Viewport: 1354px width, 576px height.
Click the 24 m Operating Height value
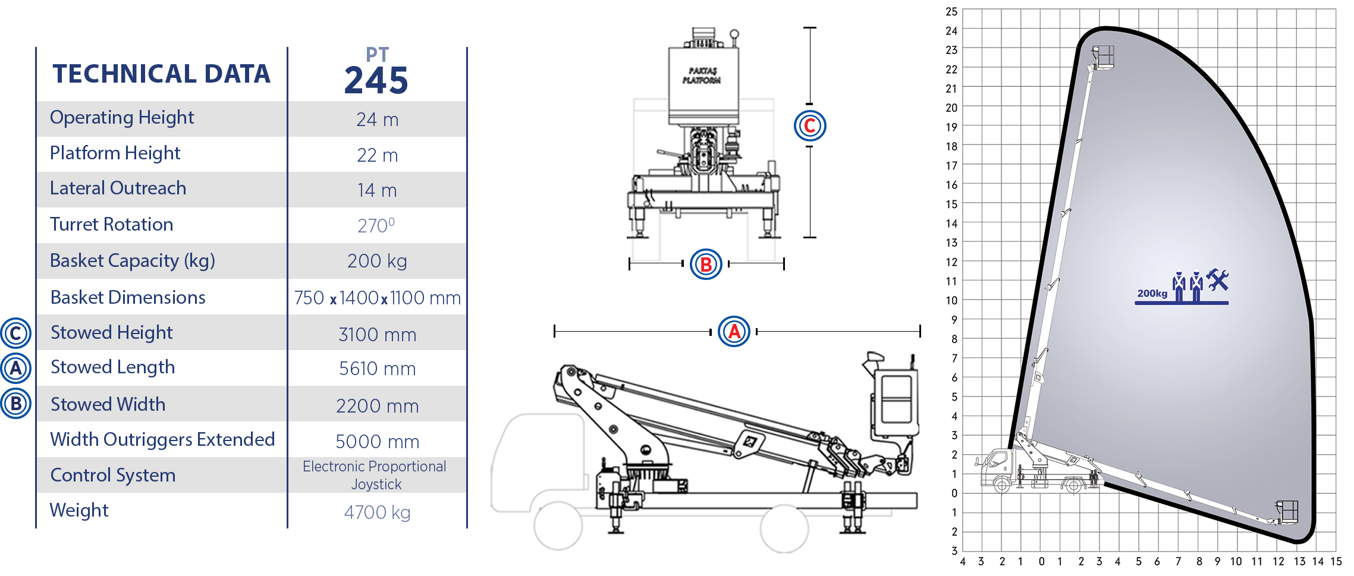377,119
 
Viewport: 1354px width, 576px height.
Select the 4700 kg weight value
377,512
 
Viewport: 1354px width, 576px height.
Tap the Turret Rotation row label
111,224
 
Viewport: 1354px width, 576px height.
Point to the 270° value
376,226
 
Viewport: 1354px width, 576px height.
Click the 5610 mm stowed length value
377,369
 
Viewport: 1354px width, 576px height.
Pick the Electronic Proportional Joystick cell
375,475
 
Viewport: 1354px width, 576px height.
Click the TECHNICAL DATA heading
161,74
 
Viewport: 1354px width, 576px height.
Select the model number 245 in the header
376,80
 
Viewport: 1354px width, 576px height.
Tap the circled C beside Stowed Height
16,333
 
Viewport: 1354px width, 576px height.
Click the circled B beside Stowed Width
16,404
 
